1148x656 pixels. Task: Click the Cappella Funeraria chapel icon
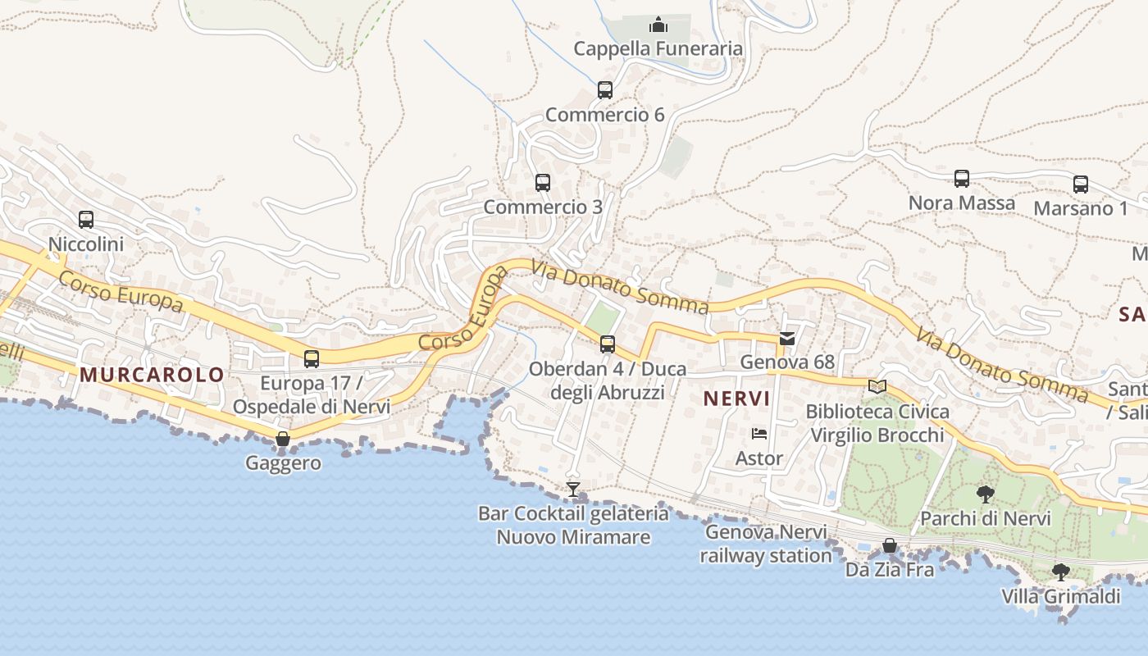(x=658, y=25)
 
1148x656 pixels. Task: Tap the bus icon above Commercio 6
(x=605, y=90)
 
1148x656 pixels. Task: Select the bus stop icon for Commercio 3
(x=542, y=183)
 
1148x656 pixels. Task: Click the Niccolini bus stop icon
(x=86, y=220)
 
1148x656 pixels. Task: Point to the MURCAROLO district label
(x=152, y=375)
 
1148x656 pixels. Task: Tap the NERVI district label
(x=736, y=399)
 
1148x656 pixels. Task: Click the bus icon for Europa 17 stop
(x=312, y=358)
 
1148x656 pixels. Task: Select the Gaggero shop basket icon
(x=283, y=440)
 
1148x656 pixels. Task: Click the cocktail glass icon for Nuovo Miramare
(x=573, y=490)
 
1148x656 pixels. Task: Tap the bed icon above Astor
(x=759, y=434)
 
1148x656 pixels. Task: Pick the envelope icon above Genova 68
(x=787, y=338)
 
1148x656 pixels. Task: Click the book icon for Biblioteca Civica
(x=877, y=386)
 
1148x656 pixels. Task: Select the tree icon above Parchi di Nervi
(x=986, y=494)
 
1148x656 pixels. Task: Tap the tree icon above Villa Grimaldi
(x=1060, y=572)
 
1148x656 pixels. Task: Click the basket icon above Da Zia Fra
(x=889, y=545)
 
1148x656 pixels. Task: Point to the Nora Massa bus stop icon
(x=962, y=178)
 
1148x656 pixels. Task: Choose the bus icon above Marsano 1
(x=1081, y=184)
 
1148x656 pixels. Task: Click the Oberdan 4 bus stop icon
(x=607, y=344)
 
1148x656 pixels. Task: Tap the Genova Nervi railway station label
(x=765, y=544)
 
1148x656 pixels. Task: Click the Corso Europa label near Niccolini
(x=121, y=291)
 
